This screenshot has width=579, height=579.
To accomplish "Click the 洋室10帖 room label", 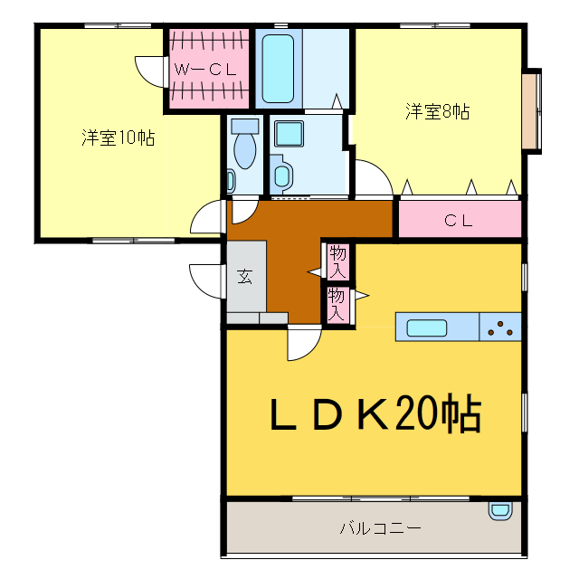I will click(x=117, y=138).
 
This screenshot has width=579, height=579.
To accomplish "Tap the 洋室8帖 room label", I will click(x=437, y=112).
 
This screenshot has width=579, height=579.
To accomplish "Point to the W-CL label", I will click(x=205, y=68).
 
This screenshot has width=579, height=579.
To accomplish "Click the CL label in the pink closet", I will click(x=459, y=219).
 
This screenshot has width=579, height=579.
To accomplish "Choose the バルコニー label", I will click(x=380, y=527).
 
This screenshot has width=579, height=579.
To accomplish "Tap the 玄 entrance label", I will click(x=245, y=277).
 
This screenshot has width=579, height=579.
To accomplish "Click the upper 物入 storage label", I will click(x=338, y=261).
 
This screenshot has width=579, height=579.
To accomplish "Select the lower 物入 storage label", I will click(x=337, y=304).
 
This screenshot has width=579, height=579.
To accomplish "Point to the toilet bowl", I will click(x=244, y=145).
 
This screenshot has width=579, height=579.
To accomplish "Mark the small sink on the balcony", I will click(x=499, y=510).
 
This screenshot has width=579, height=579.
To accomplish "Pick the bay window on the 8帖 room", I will click(x=533, y=109).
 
